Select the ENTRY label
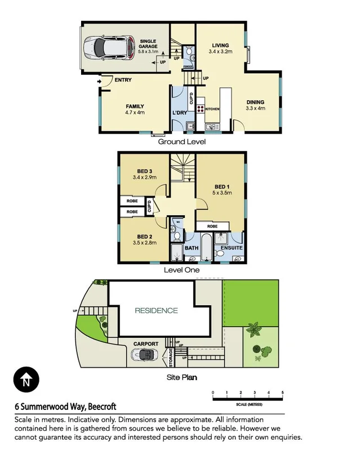pos(123,80)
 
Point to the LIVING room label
pos(220,46)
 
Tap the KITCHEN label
pos(212,108)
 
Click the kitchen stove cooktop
pos(201,109)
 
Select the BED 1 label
pos(221,186)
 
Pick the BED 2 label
pos(145,237)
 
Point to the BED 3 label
pos(145,171)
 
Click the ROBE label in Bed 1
pos(213,226)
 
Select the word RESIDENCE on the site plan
pos(156,310)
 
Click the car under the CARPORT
pos(143,355)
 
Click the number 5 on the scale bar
pos(282,392)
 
